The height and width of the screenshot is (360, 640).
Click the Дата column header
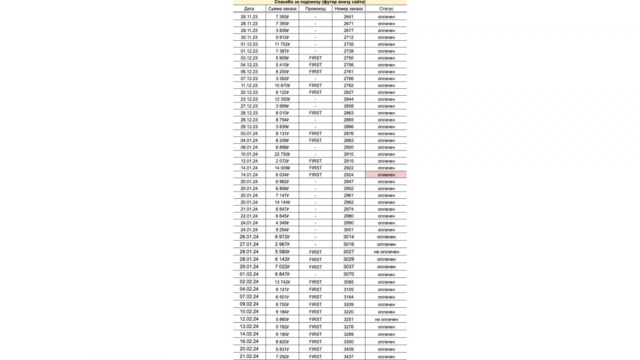[249, 8]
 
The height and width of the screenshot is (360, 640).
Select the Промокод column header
[315, 8]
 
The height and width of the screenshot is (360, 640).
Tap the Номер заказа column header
[348, 8]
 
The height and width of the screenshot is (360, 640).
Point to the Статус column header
[386, 8]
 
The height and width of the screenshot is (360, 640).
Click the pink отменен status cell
[386, 175]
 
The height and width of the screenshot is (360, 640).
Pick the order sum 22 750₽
[282, 154]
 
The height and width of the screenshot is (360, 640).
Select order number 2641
[348, 17]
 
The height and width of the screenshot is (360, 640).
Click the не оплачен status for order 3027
[386, 252]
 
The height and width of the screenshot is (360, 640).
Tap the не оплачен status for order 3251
[386, 320]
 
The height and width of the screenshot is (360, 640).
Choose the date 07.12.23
[249, 79]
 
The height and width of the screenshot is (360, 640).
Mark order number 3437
[348, 356]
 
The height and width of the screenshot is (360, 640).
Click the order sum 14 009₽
[282, 168]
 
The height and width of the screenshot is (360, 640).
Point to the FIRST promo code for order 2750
[315, 58]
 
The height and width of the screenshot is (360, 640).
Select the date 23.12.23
[249, 99]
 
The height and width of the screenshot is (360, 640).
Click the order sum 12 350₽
[282, 99]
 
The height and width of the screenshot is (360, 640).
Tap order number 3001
[348, 230]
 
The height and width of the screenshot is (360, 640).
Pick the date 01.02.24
[249, 274]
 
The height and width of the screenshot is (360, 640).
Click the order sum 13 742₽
[282, 282]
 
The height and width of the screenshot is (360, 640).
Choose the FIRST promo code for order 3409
[315, 349]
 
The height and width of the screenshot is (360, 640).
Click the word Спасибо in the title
[284, 2]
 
